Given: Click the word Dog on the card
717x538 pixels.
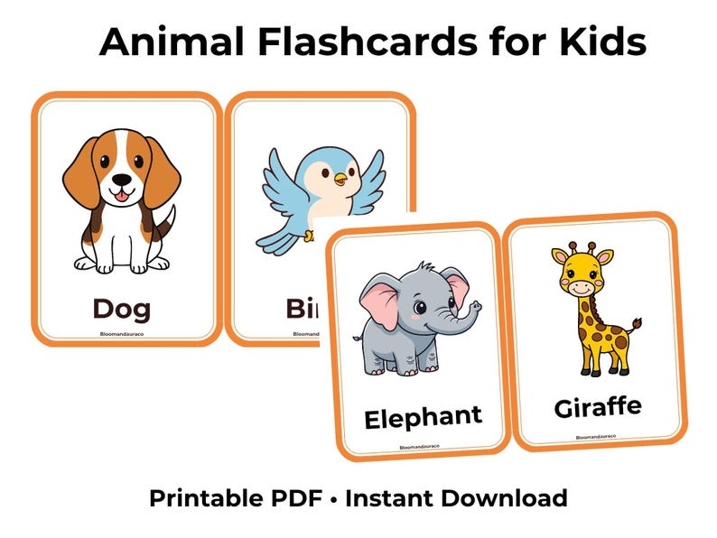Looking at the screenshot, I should tap(122, 309).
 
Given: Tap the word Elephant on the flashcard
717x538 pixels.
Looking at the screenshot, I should tap(423, 417).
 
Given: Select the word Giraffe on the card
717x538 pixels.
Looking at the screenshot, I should tap(598, 407).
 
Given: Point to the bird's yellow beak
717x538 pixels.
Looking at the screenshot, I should tap(340, 180).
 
